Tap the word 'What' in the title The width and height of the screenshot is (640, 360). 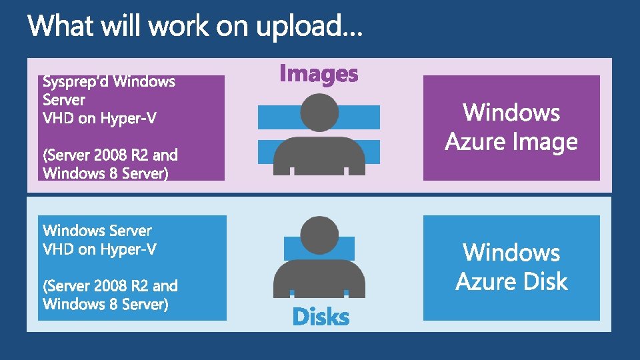[57, 26]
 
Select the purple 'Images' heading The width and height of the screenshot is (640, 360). [319, 73]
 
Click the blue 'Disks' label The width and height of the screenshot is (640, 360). [321, 317]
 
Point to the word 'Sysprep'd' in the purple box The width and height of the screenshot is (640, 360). [76, 82]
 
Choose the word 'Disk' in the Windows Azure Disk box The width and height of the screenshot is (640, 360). [541, 282]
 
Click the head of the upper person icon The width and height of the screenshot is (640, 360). [319, 112]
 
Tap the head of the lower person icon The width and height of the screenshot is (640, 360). [319, 235]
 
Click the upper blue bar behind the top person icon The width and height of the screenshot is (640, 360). [267, 117]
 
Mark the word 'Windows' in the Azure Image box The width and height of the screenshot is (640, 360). [511, 112]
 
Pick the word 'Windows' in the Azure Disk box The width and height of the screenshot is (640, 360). [511, 252]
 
